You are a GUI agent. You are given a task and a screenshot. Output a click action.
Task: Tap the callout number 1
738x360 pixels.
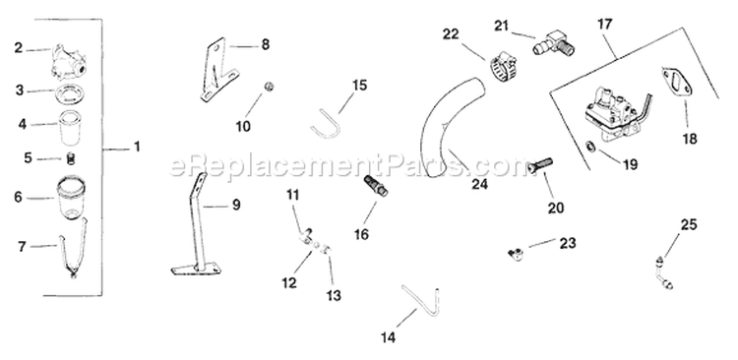tap(137, 147)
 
